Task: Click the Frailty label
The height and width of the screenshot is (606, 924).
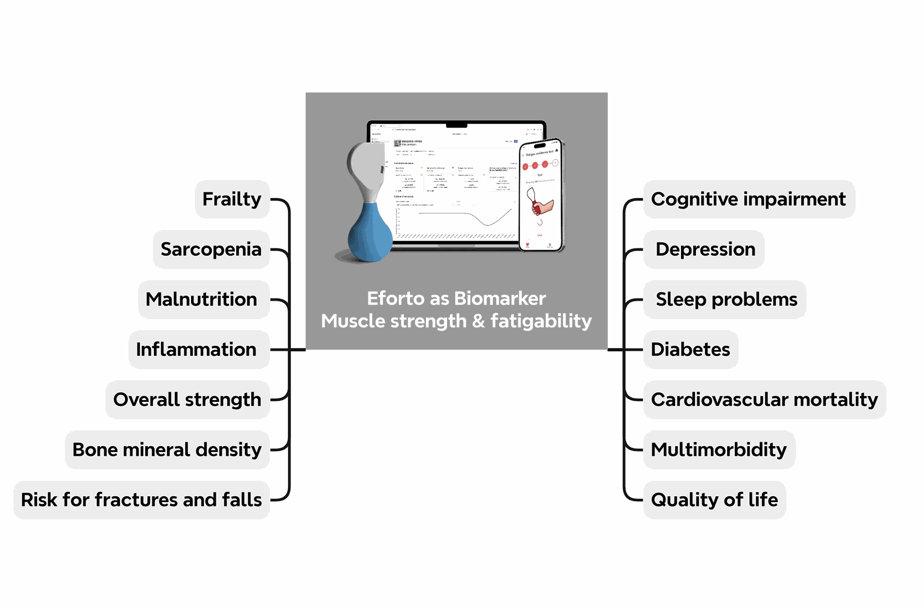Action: click(232, 199)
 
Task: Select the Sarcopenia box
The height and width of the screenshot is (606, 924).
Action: click(211, 249)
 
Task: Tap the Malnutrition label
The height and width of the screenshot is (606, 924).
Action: click(202, 299)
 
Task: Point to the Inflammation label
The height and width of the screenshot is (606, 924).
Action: click(197, 349)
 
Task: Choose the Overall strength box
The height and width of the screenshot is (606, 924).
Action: click(187, 400)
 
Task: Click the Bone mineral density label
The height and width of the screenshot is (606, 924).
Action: click(167, 450)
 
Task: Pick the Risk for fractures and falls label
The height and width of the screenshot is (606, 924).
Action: click(141, 500)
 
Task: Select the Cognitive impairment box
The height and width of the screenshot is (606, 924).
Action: click(748, 199)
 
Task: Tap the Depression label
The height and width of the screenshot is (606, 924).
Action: click(705, 249)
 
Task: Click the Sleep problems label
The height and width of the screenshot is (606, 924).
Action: click(726, 299)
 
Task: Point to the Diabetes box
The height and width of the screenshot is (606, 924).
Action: click(690, 349)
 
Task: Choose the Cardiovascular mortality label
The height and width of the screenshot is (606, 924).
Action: click(764, 400)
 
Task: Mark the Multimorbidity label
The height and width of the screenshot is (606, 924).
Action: click(719, 450)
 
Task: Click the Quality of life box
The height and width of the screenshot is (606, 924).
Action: click(714, 500)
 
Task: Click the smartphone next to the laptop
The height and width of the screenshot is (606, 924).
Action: click(541, 195)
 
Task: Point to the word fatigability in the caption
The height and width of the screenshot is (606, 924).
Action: click(541, 321)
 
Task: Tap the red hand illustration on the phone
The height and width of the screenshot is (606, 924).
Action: click(543, 206)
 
